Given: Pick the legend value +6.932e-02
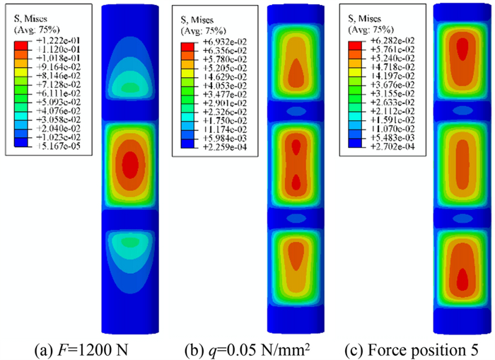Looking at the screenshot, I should point(209,45).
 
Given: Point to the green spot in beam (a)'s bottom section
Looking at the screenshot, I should point(129,242).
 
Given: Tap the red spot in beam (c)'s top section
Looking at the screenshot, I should point(462,49).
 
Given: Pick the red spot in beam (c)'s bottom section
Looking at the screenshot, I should point(462,279).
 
